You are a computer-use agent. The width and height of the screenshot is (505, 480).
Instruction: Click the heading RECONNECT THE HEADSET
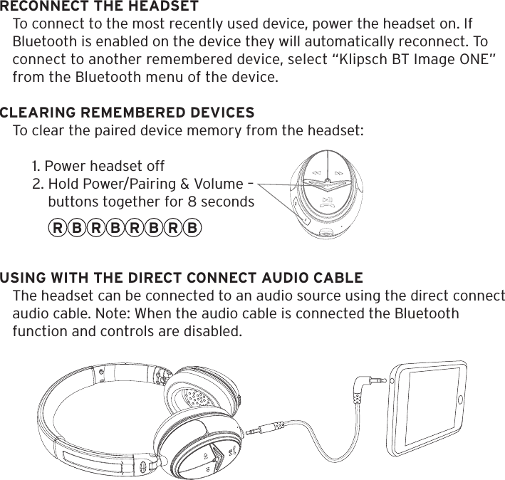point(99,7)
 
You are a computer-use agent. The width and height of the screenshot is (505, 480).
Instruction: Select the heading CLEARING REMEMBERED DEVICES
point(127,113)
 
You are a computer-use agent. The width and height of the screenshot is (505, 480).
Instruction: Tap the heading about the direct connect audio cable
point(181,277)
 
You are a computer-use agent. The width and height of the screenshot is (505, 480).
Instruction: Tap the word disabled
point(214,331)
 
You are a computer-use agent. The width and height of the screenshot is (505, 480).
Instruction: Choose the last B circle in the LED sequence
point(192,229)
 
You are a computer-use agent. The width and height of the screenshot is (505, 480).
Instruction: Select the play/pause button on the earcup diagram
point(327,202)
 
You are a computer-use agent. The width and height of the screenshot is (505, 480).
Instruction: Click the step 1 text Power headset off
point(98,167)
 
